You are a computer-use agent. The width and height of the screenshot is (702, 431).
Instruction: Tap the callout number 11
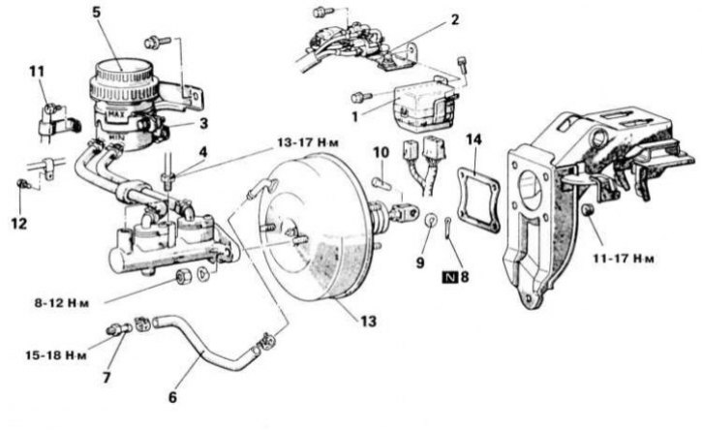pos(36,73)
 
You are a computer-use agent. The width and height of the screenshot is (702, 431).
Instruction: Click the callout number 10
pos(381,153)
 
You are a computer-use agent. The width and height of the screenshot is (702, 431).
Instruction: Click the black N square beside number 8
pos(446,276)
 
